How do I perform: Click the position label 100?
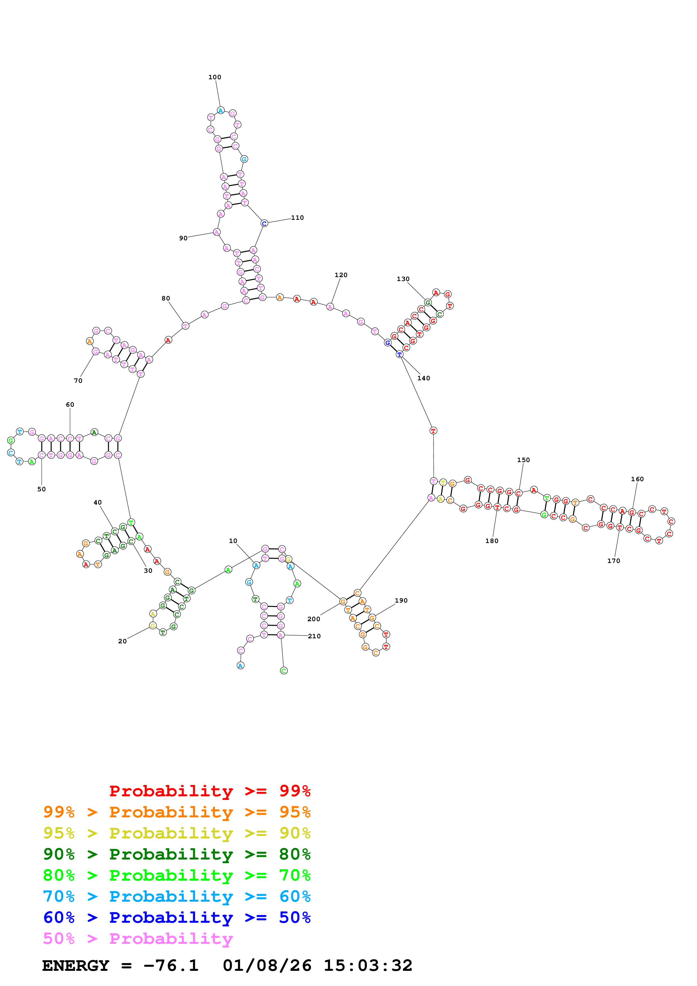click(x=215, y=77)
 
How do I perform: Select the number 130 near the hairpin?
click(x=403, y=279)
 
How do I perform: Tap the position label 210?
click(x=314, y=636)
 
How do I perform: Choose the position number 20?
click(x=122, y=641)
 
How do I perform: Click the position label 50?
click(x=41, y=489)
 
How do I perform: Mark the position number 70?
click(x=78, y=381)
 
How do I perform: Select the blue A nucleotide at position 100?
click(x=220, y=110)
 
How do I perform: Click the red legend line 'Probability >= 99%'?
click(x=209, y=791)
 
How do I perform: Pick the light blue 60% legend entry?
click(x=177, y=896)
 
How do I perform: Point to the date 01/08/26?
click(x=267, y=966)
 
